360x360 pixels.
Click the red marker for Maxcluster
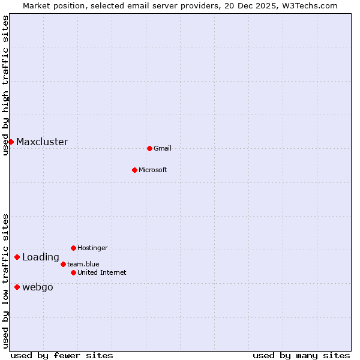tap(11, 142)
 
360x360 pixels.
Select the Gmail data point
tap(149, 148)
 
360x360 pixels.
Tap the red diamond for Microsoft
tap(134, 170)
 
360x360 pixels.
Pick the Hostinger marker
tap(73, 248)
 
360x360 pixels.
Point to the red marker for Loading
tap(17, 257)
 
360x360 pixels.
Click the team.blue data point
tap(63, 264)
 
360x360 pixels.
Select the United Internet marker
tap(73, 272)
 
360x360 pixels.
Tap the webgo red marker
tap(17, 287)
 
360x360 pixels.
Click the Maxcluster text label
tap(42, 142)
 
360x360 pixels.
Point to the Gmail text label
tap(163, 148)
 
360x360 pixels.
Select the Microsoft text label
tap(153, 170)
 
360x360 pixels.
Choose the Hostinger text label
tap(92, 248)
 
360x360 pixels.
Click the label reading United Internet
tap(102, 272)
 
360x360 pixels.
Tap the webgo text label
tap(38, 287)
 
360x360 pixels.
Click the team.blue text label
tap(83, 264)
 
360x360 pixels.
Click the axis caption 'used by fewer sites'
tap(62, 355)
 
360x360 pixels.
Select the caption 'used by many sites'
tap(301, 355)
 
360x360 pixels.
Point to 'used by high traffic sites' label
tap(5, 85)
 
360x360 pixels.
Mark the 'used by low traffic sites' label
tap(5, 281)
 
